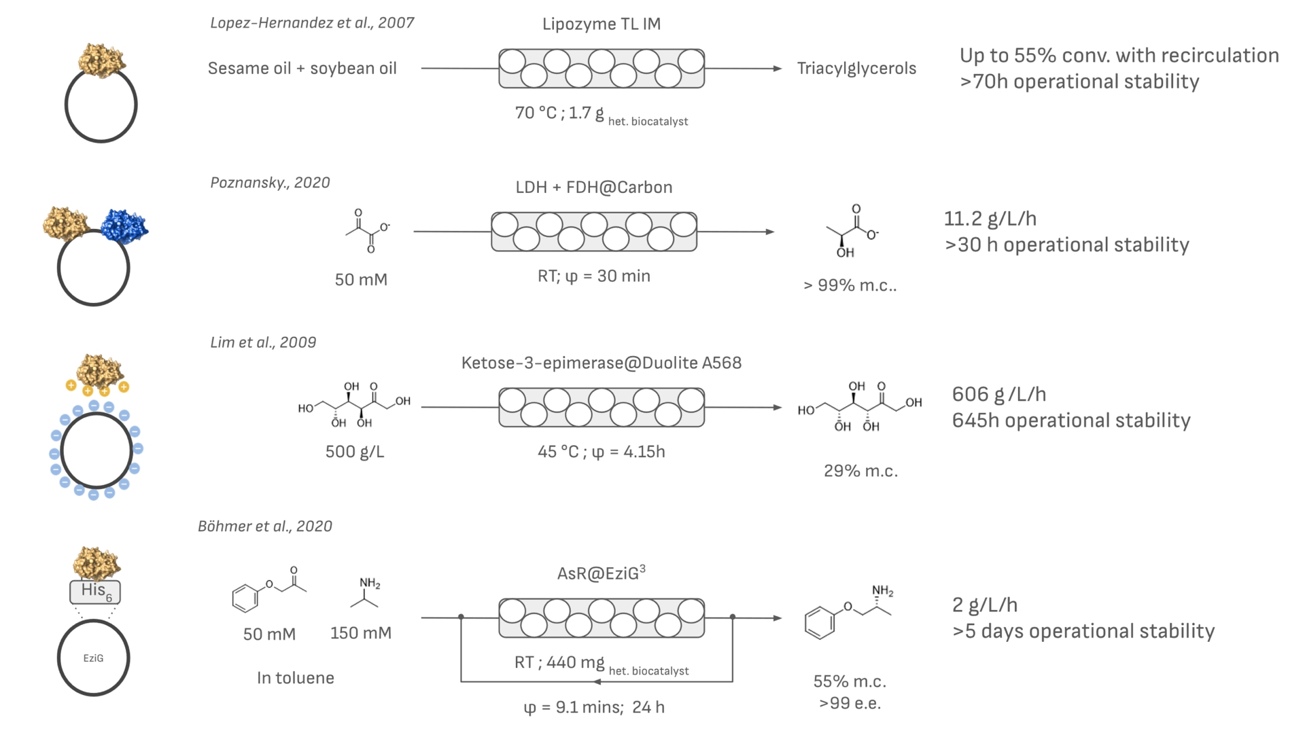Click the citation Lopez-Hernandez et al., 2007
click(x=312, y=23)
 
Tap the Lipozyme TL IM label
click(x=601, y=24)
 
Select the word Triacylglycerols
click(x=856, y=69)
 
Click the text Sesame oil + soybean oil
click(x=302, y=69)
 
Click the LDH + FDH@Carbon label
click(x=593, y=187)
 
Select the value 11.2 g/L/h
click(x=990, y=219)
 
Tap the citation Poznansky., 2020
click(x=270, y=183)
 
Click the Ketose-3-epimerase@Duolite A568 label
click(x=601, y=363)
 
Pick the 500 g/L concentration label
click(x=354, y=452)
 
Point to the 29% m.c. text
click(x=860, y=471)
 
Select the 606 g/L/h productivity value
click(x=998, y=394)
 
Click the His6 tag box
click(x=95, y=591)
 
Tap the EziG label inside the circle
click(x=93, y=658)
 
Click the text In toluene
click(x=295, y=678)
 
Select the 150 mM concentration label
click(x=360, y=633)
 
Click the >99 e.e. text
click(x=850, y=703)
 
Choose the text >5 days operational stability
click(x=1083, y=631)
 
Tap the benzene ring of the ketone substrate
click(x=245, y=598)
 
